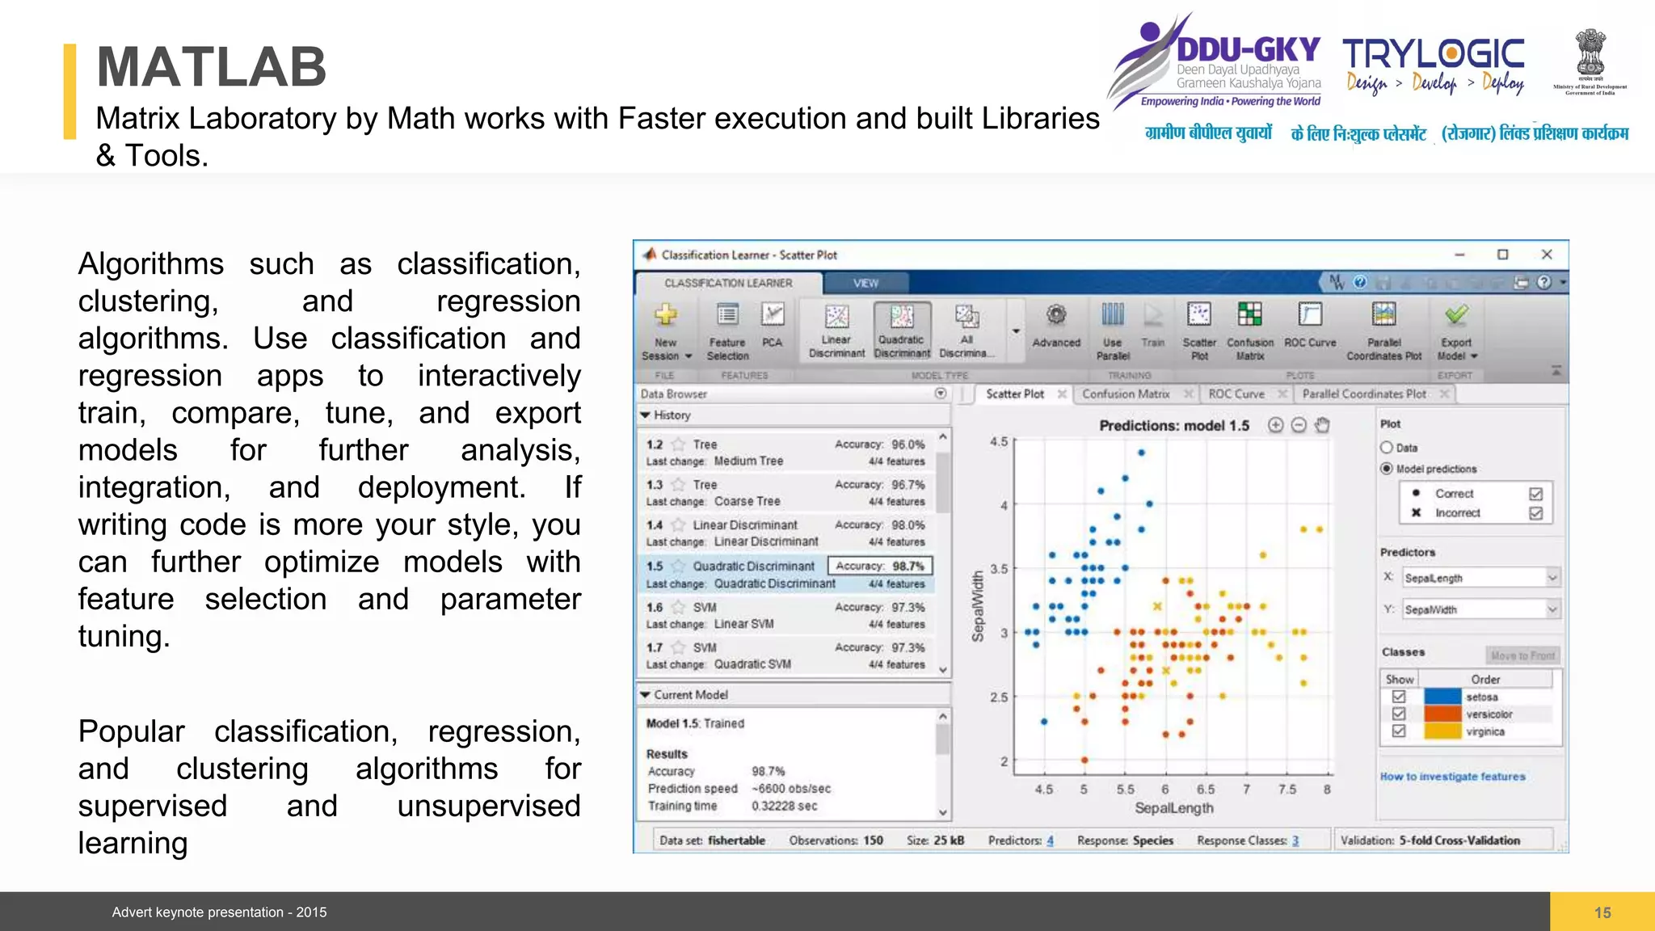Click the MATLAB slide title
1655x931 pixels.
tap(212, 67)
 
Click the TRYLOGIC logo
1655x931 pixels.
tap(1434, 55)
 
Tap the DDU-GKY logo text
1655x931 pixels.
tap(1248, 50)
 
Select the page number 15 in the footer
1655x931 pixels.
tap(1602, 912)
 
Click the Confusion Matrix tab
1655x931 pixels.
tap(1126, 394)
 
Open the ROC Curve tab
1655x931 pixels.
tap(1236, 394)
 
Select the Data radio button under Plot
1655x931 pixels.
tap(1388, 448)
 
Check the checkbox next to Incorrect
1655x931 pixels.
tap(1535, 513)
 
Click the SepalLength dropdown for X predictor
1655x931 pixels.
tap(1480, 578)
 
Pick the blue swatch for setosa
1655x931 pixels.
tap(1442, 697)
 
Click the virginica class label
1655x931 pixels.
tap(1485, 732)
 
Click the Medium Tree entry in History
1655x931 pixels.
tap(748, 461)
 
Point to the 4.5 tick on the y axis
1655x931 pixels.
tap(999, 442)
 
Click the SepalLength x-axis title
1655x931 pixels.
tap(1173, 808)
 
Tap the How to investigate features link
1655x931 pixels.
tap(1452, 777)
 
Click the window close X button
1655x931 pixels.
tap(1547, 255)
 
